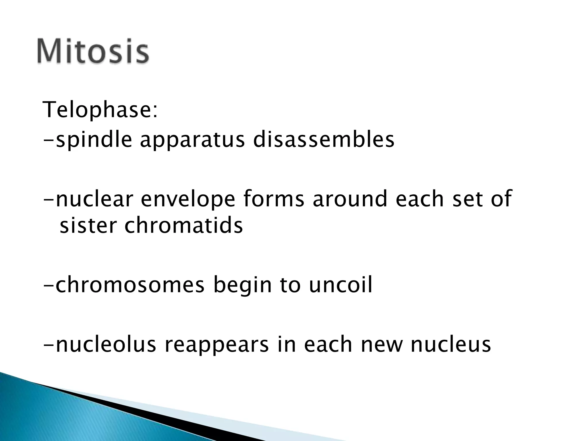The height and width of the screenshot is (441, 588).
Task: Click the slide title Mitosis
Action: click(x=92, y=52)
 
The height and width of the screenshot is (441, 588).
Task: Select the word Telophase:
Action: click(x=100, y=110)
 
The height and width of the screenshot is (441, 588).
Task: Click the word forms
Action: click(x=274, y=199)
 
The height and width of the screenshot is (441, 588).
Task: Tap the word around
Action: click(x=350, y=199)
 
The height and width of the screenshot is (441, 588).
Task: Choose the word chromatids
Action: click(x=183, y=225)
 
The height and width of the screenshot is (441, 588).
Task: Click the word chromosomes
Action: click(x=130, y=285)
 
